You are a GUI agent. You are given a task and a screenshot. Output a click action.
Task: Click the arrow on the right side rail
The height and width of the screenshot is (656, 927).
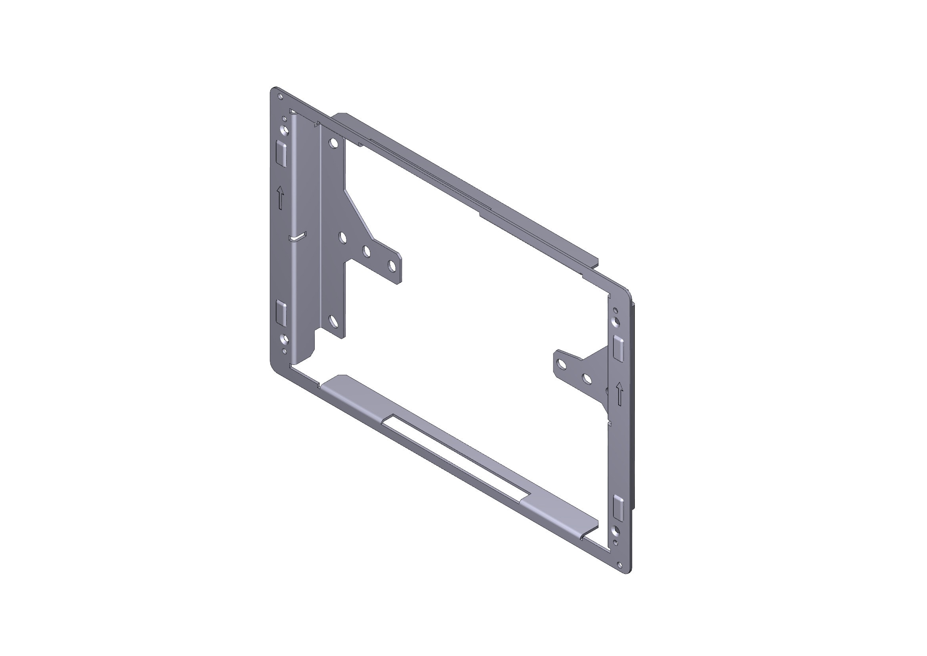tap(619, 394)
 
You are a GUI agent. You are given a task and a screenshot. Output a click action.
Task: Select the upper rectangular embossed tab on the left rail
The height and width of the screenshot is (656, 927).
tap(281, 154)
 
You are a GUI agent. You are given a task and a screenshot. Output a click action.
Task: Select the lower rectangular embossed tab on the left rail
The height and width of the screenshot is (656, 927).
tap(281, 313)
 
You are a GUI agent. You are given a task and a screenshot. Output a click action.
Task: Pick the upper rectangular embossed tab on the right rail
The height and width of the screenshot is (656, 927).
tap(618, 347)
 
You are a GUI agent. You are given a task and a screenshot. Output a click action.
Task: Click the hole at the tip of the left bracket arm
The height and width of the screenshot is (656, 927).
tap(392, 266)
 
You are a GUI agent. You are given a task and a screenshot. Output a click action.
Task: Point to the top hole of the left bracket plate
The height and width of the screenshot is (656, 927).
tap(333, 143)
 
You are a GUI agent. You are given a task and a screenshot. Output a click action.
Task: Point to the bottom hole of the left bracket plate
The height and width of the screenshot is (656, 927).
tap(333, 322)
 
